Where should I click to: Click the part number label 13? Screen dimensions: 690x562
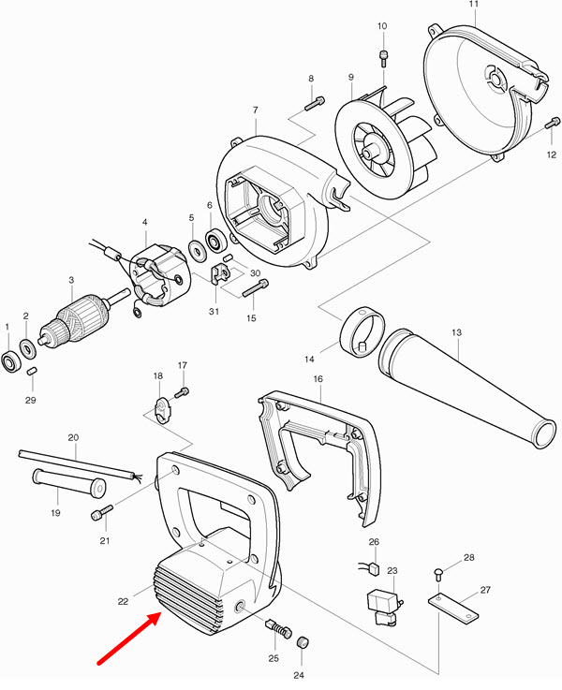point(456,331)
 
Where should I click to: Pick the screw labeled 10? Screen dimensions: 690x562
point(383,58)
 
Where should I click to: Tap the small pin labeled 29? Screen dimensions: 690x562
point(31,372)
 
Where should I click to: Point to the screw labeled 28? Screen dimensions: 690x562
point(439,573)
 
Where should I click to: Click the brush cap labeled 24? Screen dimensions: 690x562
point(303,643)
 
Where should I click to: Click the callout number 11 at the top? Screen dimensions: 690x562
point(473,6)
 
